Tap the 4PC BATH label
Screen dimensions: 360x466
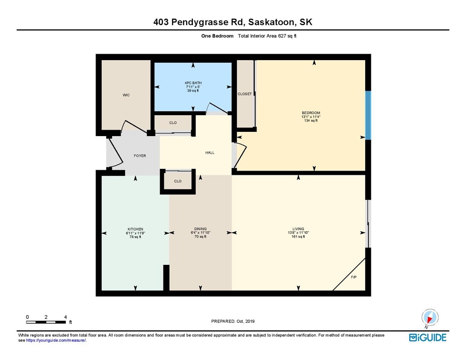193,83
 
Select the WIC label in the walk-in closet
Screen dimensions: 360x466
126,95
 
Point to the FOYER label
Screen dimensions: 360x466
140,156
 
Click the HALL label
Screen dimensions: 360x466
210,153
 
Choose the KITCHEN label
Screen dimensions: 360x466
135,229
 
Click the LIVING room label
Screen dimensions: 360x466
298,229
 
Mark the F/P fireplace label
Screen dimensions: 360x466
354,277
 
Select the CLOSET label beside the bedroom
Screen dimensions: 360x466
245,94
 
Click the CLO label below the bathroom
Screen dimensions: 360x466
173,123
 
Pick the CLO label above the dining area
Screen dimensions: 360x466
178,181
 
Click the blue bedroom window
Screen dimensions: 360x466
368,115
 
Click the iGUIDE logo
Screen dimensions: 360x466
428,337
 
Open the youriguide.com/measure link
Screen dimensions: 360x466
56,340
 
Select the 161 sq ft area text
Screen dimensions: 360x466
298,237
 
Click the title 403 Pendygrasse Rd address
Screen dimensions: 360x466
233,22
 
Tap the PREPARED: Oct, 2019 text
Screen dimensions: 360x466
233,321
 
